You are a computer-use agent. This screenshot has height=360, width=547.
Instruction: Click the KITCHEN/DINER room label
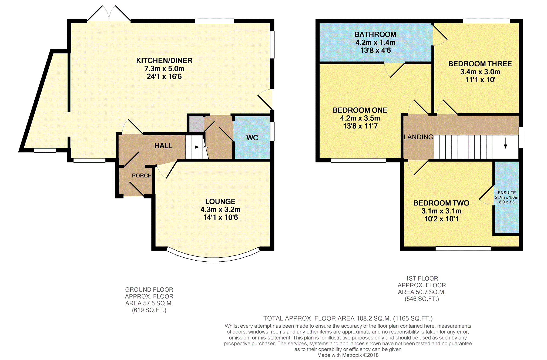164,60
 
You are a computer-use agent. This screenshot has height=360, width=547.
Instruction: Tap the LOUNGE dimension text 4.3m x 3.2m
220,210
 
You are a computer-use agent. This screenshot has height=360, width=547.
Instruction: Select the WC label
252,138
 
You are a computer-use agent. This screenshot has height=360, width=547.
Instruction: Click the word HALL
163,146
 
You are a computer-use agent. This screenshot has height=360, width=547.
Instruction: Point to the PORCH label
142,176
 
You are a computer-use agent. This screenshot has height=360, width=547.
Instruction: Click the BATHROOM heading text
375,35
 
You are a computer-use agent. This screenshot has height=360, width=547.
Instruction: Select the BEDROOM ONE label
360,110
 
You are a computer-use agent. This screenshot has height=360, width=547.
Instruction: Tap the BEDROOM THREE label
480,64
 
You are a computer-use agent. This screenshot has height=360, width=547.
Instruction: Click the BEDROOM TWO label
441,203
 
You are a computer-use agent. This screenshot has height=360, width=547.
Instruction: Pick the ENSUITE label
507,193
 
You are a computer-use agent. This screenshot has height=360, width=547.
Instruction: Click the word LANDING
419,137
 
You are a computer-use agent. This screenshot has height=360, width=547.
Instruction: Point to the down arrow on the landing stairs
505,143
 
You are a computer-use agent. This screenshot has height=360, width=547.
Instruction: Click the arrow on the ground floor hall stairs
193,147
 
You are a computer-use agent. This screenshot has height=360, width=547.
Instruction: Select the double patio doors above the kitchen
109,13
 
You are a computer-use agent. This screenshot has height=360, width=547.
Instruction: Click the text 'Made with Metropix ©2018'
348,355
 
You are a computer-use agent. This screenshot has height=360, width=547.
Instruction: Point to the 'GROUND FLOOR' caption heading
149,290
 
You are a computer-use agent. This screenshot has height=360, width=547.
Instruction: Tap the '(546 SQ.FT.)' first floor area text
422,299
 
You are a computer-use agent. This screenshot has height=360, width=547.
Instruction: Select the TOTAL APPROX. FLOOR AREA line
348,319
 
